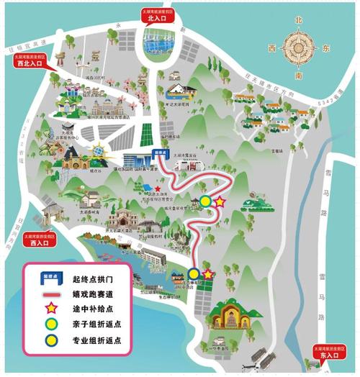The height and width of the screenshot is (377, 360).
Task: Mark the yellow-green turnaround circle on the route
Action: coord(206,201)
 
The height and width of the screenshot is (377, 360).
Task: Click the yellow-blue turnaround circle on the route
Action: coord(194,273)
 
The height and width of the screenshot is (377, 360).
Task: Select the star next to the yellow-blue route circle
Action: coord(208,273)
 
